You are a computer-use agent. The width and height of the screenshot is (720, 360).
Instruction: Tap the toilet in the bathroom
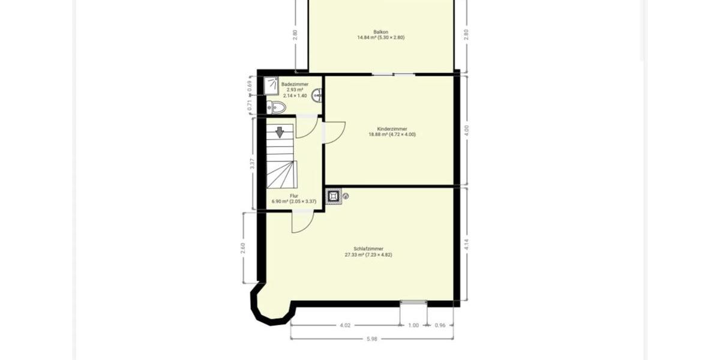point(277,107)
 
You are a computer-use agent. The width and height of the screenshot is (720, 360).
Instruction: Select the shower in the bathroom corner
point(272,86)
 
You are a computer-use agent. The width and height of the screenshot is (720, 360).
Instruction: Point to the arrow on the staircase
point(280,132)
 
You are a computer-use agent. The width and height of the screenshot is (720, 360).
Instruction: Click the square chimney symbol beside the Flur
point(332,196)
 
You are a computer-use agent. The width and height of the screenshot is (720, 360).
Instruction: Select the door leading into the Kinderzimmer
point(334,131)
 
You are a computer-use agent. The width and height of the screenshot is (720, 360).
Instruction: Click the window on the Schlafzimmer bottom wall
point(413,302)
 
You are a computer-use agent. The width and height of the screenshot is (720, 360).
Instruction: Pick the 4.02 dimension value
point(344,325)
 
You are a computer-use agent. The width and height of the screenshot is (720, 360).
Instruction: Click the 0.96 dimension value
point(440,325)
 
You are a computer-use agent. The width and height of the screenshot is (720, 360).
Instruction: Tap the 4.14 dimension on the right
point(466,244)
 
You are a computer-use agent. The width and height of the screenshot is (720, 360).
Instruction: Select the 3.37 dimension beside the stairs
point(251,163)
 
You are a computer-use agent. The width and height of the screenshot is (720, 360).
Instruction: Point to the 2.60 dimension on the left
point(243,247)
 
